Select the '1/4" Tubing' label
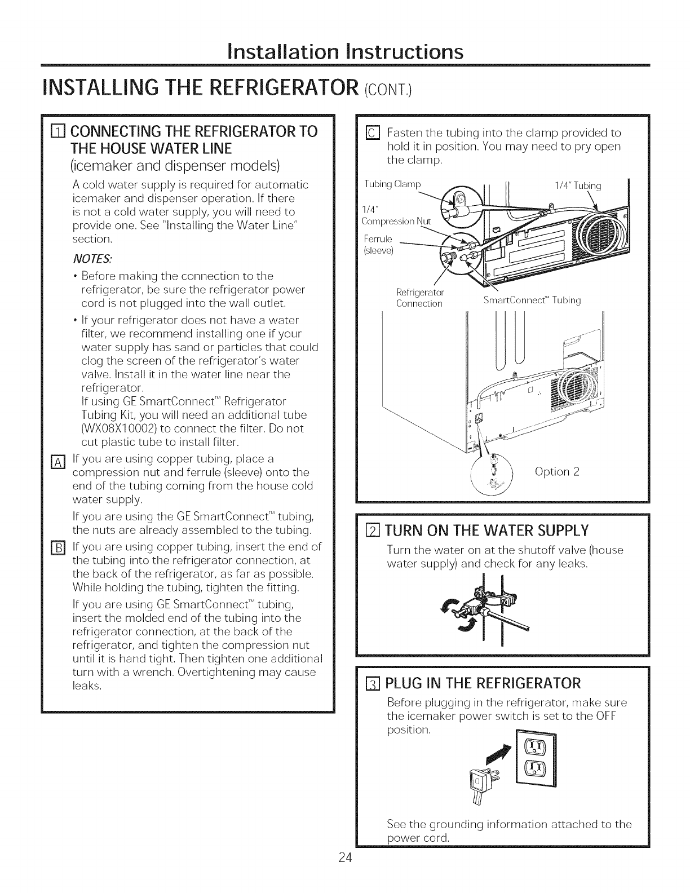(578, 185)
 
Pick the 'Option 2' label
(556, 471)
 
